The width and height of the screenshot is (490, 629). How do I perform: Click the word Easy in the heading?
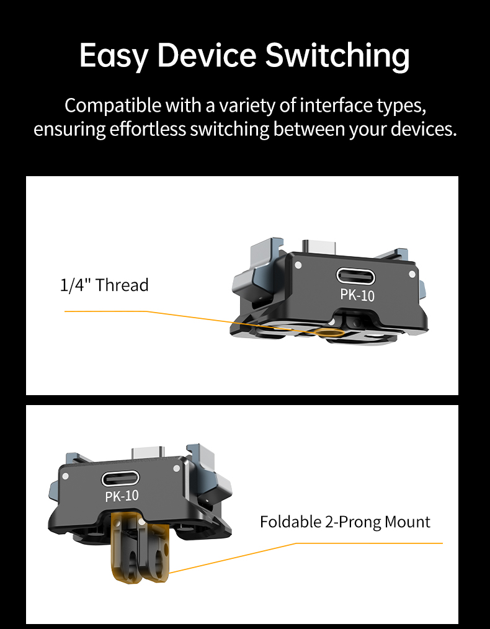point(113,56)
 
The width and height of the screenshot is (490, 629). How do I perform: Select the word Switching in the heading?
point(337,56)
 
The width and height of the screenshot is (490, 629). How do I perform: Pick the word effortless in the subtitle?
point(148,129)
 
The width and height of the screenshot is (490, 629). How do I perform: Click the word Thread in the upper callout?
point(122,285)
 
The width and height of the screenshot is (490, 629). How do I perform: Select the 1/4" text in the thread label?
point(76,285)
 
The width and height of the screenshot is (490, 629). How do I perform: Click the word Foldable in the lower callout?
point(291,522)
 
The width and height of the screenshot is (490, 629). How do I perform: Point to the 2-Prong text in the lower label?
point(353,522)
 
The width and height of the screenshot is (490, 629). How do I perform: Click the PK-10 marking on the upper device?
point(357,296)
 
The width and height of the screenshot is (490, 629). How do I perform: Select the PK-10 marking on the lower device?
point(122,496)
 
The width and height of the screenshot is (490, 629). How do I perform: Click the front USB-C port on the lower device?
point(120,478)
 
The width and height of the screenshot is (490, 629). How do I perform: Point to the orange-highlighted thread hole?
point(329,332)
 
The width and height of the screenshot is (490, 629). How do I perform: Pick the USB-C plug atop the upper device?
point(319,246)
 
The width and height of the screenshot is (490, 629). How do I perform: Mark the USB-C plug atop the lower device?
point(148,452)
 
